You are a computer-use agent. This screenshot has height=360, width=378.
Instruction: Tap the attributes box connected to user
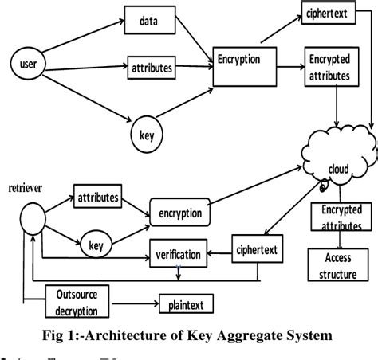[x=152, y=68]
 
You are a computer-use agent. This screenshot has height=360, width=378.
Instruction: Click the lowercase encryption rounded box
[x=179, y=213]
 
